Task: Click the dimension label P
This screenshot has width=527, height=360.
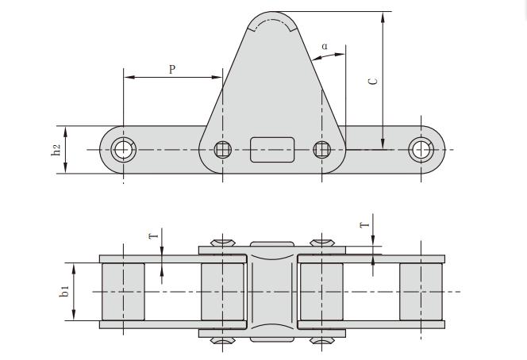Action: click(172, 69)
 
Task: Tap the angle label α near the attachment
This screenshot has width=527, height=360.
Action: click(325, 46)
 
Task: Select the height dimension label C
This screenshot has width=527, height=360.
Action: click(374, 80)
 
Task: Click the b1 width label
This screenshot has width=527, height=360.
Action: click(66, 291)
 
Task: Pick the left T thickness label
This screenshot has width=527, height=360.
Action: click(155, 235)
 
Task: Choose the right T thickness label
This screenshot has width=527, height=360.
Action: click(365, 225)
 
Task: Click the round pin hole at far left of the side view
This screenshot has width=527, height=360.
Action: click(123, 149)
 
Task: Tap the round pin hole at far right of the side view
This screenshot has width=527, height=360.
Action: click(421, 149)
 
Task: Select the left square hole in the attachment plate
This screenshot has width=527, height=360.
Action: click(223, 149)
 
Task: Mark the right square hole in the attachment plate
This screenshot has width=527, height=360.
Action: click(321, 149)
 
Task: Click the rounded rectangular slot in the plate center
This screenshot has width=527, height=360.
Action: click(272, 149)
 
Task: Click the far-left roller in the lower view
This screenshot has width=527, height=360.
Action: click(123, 291)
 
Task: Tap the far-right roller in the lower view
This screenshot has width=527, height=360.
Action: click(421, 291)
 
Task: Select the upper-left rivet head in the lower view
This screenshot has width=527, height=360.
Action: click(223, 241)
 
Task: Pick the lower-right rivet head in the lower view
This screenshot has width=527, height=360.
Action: click(321, 342)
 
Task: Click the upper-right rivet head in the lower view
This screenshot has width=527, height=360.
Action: click(321, 241)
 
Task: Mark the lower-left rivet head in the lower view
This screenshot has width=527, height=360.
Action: click(223, 342)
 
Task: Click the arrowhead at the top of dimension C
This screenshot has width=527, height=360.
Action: click(383, 17)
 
